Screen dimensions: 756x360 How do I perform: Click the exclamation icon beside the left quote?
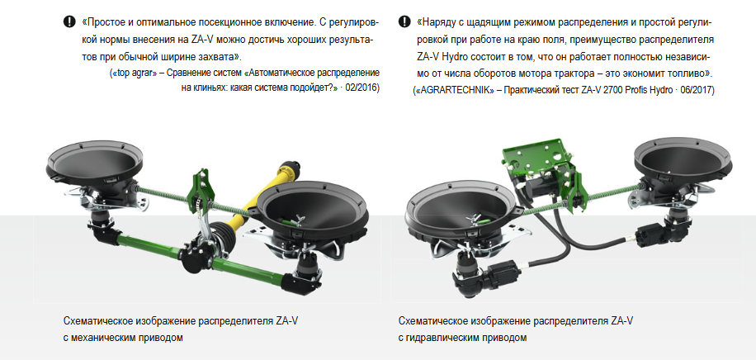tap(69, 21)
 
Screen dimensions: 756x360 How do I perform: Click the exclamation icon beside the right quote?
tap(404, 21)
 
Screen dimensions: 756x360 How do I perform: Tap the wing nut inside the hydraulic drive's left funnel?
tap(473, 218)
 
